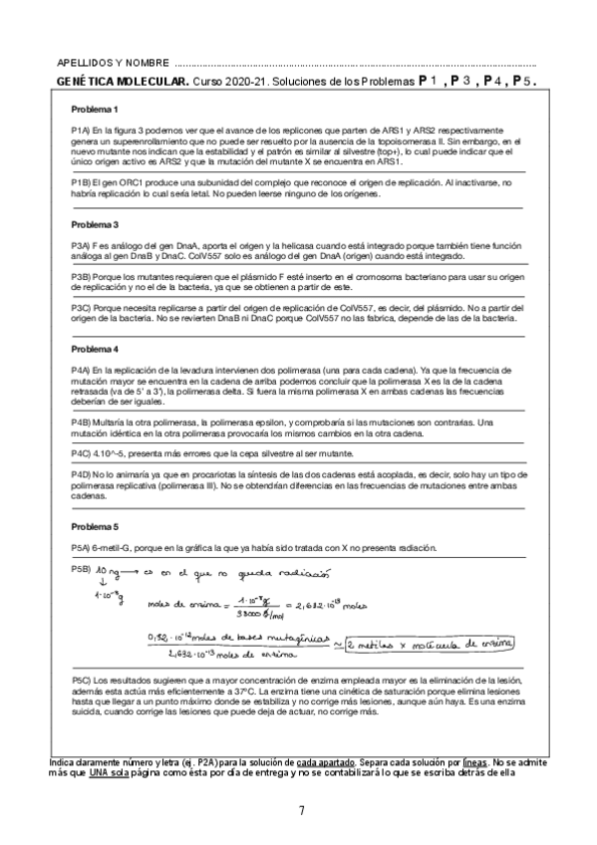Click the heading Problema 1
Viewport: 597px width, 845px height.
[x=95, y=109]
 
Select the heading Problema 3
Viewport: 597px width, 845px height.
[x=95, y=224]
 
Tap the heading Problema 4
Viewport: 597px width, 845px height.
[x=95, y=350]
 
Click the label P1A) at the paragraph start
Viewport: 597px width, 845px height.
[x=83, y=131]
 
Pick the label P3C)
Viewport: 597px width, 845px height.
[x=84, y=309]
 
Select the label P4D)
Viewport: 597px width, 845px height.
[x=84, y=475]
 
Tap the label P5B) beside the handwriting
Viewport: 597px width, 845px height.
[x=82, y=568]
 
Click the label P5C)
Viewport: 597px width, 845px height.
[x=84, y=678]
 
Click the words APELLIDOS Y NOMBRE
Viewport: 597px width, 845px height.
[x=113, y=62]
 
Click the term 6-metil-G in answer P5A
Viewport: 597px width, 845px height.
[x=118, y=548]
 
